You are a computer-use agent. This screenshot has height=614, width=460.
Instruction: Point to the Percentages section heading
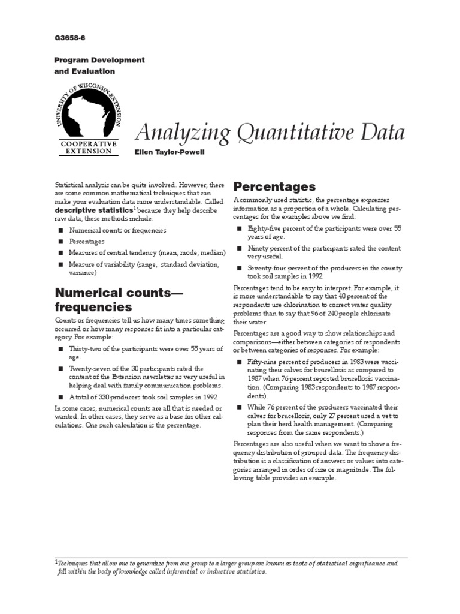(274, 187)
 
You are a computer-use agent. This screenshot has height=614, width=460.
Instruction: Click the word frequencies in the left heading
(93, 307)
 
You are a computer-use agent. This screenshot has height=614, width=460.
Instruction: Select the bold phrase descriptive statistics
(93, 211)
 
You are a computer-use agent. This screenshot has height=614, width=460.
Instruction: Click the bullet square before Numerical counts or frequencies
(60, 230)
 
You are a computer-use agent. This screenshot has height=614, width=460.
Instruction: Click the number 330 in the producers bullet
(105, 397)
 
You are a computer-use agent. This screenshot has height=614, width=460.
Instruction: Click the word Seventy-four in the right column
(267, 268)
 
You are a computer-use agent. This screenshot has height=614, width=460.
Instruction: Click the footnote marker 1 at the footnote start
(56, 562)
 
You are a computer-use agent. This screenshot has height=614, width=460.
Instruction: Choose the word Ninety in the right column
(258, 248)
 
